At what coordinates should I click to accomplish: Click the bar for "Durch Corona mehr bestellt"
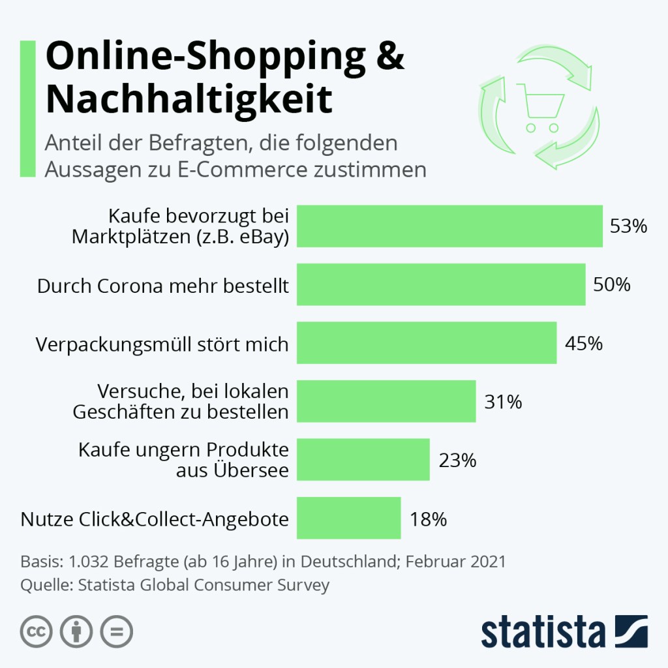[x=441, y=284]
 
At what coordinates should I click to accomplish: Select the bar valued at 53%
[x=449, y=226]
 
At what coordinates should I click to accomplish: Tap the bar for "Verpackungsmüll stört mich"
[x=427, y=342]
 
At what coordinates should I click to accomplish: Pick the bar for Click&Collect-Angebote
[x=348, y=518]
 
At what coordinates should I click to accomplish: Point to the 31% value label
[x=503, y=402]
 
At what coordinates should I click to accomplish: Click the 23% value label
[x=457, y=460]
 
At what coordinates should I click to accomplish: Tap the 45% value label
[x=584, y=343]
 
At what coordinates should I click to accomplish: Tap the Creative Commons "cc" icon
[x=37, y=631]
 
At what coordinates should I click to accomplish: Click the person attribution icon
[x=76, y=631]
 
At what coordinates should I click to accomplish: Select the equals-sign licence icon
[x=116, y=631]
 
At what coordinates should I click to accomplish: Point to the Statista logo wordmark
[x=544, y=632]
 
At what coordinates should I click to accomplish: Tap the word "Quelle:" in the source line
[x=46, y=584]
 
